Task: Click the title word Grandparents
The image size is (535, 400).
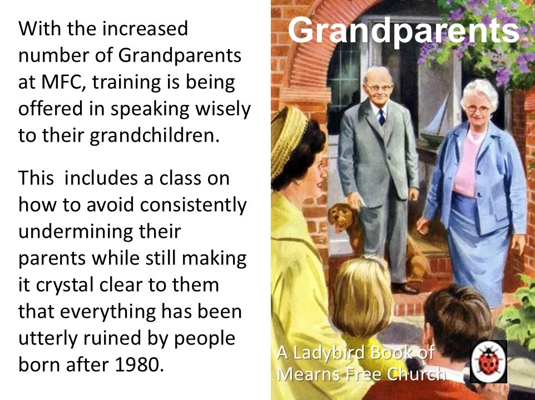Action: (x=403, y=32)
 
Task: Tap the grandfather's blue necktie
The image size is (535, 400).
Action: (x=382, y=117)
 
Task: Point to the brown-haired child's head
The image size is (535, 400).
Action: (x=456, y=317)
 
